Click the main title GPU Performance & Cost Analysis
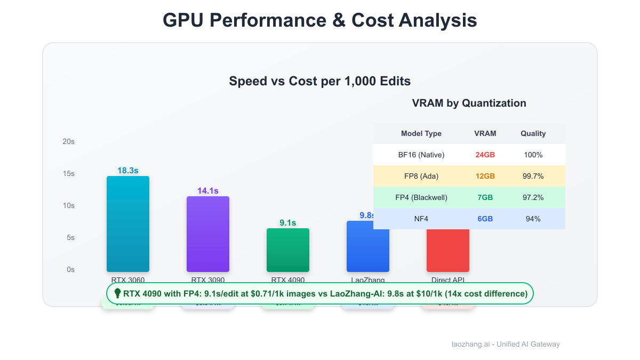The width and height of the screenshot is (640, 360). click(x=319, y=20)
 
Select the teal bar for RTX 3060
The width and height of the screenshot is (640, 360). click(x=128, y=224)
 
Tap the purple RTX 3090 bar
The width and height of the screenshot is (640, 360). click(x=208, y=235)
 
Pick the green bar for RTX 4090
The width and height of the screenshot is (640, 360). click(x=288, y=250)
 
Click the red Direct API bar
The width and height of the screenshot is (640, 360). click(x=448, y=251)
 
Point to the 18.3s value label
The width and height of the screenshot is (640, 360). click(x=128, y=171)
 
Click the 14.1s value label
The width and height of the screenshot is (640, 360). click(x=208, y=191)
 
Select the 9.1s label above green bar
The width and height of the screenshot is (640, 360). click(x=288, y=223)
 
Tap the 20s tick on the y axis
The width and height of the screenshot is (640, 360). click(x=68, y=141)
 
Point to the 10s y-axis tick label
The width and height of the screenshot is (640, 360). click(x=68, y=205)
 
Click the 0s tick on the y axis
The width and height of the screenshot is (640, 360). click(x=70, y=269)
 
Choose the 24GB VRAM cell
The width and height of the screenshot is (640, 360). click(x=485, y=155)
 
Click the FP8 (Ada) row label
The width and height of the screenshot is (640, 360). click(x=421, y=176)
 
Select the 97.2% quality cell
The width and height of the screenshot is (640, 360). click(x=533, y=197)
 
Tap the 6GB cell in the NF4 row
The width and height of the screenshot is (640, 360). click(x=485, y=219)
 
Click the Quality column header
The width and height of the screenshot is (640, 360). click(x=533, y=133)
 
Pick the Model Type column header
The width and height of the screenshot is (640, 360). click(x=421, y=133)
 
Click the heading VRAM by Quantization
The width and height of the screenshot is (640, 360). click(x=469, y=103)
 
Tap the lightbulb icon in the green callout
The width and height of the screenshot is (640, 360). click(x=118, y=293)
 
